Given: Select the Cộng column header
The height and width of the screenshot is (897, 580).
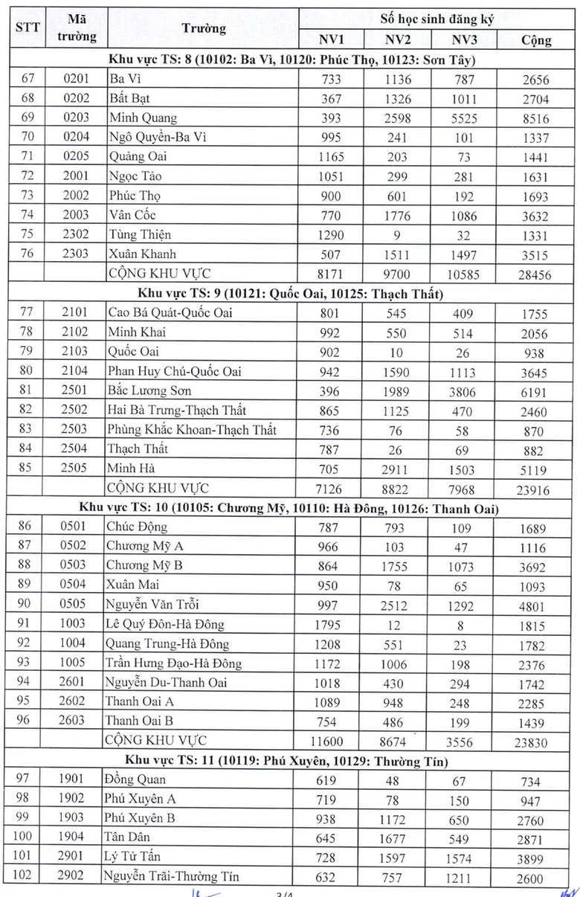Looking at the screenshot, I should (535, 39).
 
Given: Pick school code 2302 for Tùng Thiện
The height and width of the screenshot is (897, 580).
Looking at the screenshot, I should (76, 235).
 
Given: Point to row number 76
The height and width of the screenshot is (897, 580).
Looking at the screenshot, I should (26, 254).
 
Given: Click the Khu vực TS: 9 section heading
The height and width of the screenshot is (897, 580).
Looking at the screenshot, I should (290, 294).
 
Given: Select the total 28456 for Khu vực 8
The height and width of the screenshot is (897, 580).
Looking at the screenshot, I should (535, 275).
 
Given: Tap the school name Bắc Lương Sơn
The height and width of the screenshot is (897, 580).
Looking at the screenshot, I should (149, 390).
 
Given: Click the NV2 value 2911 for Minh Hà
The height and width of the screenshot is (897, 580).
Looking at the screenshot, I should (394, 470).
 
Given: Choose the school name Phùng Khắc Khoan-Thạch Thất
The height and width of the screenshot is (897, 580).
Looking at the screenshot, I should (192, 429).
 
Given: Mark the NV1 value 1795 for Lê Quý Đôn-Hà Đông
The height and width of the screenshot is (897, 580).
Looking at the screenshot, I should (328, 626).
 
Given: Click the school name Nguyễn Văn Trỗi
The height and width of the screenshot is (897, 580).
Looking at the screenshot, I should (152, 605).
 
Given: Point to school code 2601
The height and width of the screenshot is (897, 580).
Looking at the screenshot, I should (76, 682).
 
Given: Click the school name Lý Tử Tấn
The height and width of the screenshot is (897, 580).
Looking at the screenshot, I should (134, 857).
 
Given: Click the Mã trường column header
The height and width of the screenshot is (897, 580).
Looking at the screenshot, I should (76, 28).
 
